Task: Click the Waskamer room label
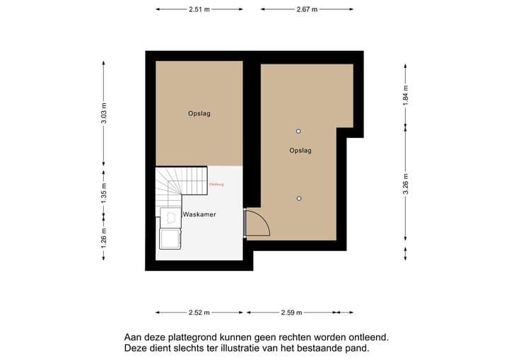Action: point(199,214)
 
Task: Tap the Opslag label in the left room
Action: point(199,113)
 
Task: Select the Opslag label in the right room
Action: point(300,151)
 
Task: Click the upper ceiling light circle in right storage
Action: point(299,132)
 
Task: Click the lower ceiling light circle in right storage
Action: point(299,198)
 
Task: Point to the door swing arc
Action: point(260,224)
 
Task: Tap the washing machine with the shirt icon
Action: point(170,217)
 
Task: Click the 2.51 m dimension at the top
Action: point(199,9)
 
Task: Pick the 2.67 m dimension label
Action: point(307,9)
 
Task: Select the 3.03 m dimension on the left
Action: point(104,114)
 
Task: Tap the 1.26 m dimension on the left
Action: point(104,235)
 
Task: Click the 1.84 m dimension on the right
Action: point(405,94)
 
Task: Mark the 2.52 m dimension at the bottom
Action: point(200,313)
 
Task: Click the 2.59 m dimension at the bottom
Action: point(291,313)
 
